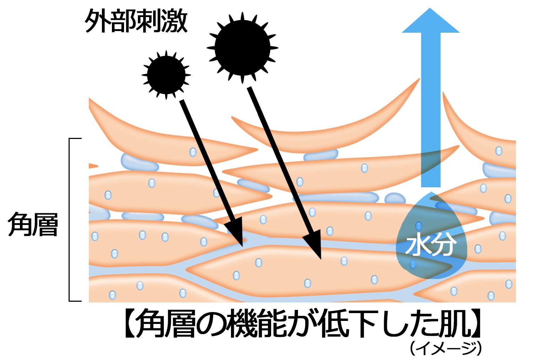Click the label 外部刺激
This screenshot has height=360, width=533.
pyautogui.click(x=136, y=21)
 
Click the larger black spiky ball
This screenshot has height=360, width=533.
pyautogui.click(x=242, y=48)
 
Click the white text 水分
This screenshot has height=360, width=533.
pyautogui.click(x=431, y=245)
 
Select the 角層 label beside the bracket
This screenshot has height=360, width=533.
pyautogui.click(x=33, y=225)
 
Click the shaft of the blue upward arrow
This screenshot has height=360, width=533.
pyautogui.click(x=431, y=107)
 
